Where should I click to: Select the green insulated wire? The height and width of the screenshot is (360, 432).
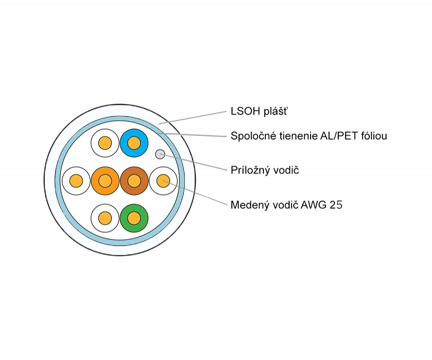point(134,218)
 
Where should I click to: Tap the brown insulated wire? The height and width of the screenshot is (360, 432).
point(134,180)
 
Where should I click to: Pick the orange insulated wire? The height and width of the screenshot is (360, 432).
point(105,180)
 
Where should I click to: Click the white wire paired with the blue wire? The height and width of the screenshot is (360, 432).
point(105,143)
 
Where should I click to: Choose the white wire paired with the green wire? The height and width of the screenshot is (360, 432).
point(105,218)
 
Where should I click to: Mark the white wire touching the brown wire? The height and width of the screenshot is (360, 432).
point(163,180)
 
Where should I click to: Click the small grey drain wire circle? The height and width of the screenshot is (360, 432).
point(160,153)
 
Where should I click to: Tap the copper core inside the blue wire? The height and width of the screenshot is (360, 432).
point(134,143)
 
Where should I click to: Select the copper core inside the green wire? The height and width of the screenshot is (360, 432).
point(134,218)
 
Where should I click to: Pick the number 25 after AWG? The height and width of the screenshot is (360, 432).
point(336,205)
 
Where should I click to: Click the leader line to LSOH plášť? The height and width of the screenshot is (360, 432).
point(194,118)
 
